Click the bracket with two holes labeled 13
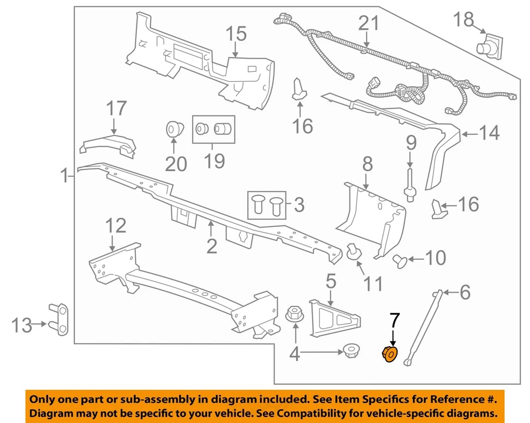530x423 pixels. (x=60, y=319)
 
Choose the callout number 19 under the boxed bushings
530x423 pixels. (x=214, y=161)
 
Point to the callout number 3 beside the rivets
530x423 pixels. (x=298, y=205)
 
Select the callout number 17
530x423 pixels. (x=116, y=108)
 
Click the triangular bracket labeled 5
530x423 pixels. (x=333, y=318)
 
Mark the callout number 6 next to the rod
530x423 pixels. (x=465, y=292)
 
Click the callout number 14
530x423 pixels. (x=489, y=133)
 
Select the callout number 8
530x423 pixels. (x=367, y=164)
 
